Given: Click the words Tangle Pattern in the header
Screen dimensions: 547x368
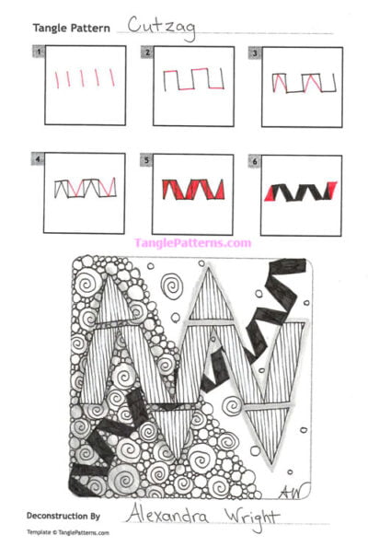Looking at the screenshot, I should tap(72, 29).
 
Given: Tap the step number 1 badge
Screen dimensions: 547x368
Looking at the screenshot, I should tap(39, 52).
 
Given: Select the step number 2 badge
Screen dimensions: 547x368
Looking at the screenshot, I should tap(147, 52).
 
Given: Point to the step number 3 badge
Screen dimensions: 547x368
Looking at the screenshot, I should tap(255, 52).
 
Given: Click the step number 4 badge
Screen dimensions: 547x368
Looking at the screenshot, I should tap(39, 159).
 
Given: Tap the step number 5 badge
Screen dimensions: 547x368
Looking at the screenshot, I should tap(147, 159).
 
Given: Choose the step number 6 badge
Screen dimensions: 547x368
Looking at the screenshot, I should tap(255, 159).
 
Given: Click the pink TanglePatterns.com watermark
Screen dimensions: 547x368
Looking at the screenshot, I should tap(192, 243).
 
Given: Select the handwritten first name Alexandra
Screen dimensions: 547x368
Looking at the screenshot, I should tap(165, 514).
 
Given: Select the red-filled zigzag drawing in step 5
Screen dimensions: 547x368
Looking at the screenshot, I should tap(191, 191).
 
